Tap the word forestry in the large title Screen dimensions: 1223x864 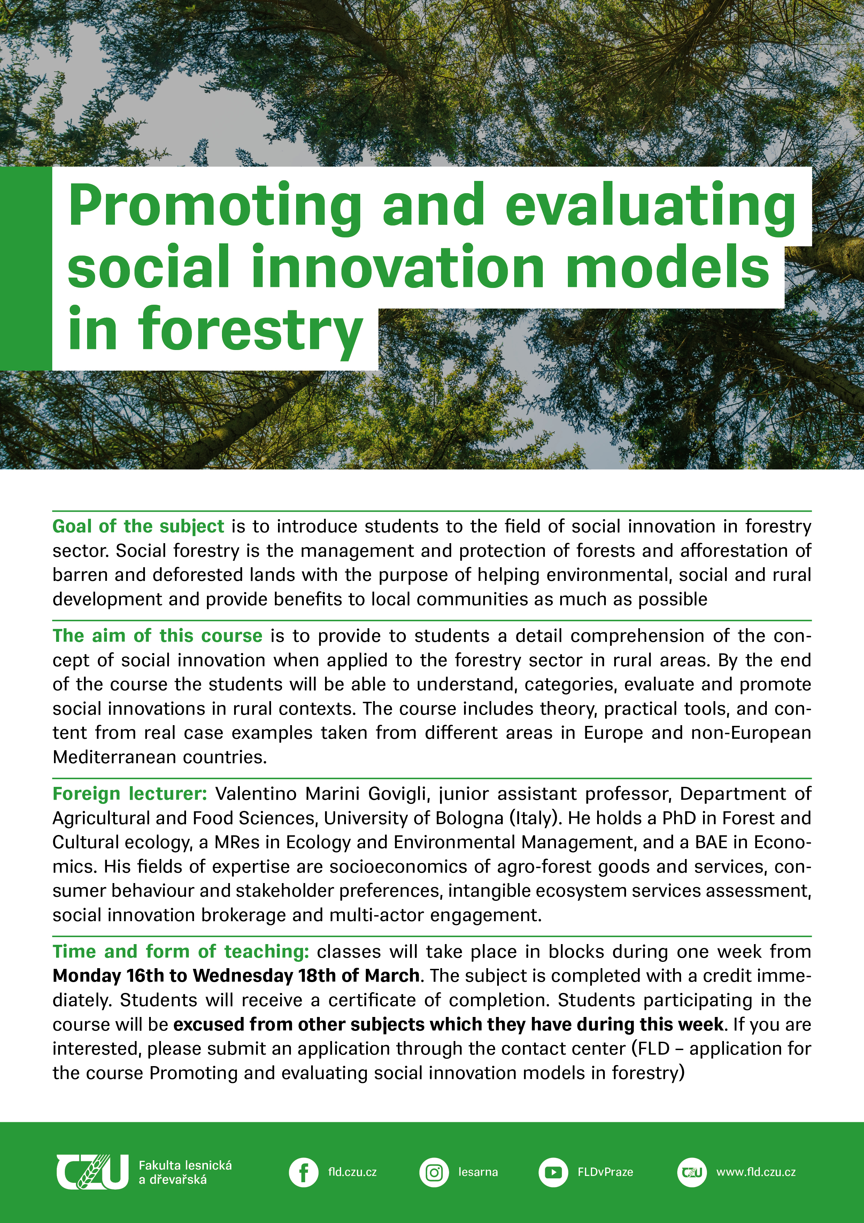(250, 331)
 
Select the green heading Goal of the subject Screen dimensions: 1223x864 (138, 526)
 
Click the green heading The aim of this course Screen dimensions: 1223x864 (157, 636)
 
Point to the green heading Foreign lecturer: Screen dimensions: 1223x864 (129, 794)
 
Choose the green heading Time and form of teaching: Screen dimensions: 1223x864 (180, 951)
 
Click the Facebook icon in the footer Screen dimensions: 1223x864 (303, 1172)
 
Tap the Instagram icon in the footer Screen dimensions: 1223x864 (434, 1172)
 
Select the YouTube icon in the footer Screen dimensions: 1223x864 (553, 1172)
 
